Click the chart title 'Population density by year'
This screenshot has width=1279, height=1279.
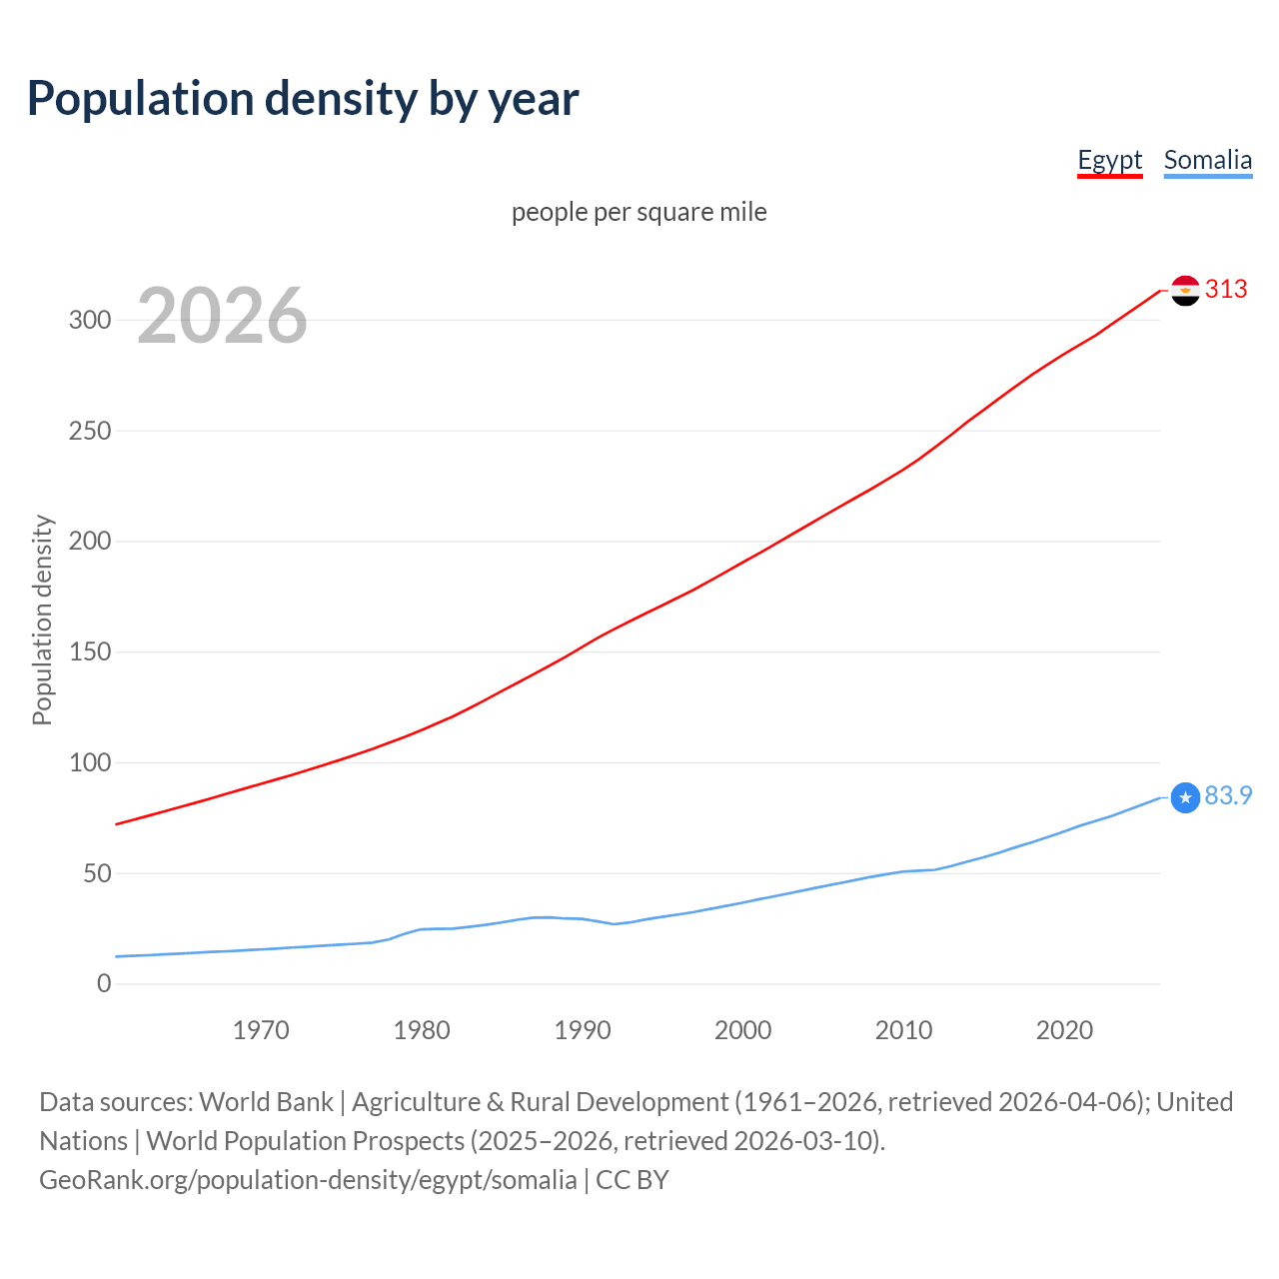click(303, 99)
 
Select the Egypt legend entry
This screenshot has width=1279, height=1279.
click(1109, 160)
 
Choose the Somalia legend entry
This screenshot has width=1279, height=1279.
click(1207, 160)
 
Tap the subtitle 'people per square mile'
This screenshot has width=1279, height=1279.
click(639, 212)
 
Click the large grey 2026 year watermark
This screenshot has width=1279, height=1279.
click(222, 316)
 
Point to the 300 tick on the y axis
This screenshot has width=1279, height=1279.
click(90, 320)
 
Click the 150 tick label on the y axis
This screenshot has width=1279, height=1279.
click(90, 651)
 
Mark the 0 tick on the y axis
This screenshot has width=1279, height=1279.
click(104, 983)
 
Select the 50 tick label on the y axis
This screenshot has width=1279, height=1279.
click(97, 873)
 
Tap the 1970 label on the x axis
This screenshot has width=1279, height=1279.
click(261, 1030)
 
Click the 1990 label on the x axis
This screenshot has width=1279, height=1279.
click(583, 1030)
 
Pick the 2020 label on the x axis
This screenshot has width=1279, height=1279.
click(1064, 1030)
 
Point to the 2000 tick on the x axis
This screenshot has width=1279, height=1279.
click(743, 1030)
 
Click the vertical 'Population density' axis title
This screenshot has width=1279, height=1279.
click(42, 620)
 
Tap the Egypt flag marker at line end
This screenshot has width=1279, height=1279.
click(1185, 291)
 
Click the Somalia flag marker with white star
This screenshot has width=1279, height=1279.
click(1185, 797)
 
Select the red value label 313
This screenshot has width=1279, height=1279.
click(1226, 289)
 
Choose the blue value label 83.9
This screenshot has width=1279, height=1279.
click(1228, 795)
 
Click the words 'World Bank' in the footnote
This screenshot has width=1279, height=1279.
click(266, 1102)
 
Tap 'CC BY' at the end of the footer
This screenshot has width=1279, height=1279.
click(633, 1180)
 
